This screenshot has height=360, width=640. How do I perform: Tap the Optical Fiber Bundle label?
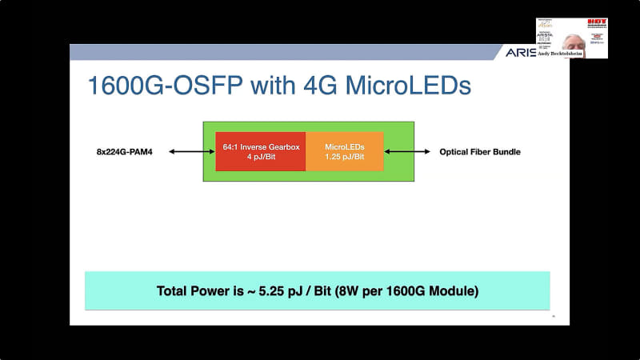point(480,151)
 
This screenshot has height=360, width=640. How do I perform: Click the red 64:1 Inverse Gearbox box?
point(261,151)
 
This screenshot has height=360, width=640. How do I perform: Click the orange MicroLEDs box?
point(344,151)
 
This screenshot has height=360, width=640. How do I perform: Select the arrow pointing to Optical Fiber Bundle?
point(408,151)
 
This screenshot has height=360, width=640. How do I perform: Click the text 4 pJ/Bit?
point(261,157)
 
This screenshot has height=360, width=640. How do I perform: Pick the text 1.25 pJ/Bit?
point(344,157)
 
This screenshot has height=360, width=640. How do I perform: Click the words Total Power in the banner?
point(193,290)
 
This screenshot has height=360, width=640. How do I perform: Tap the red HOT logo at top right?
point(596,22)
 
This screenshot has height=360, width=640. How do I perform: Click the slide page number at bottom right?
point(553,317)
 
